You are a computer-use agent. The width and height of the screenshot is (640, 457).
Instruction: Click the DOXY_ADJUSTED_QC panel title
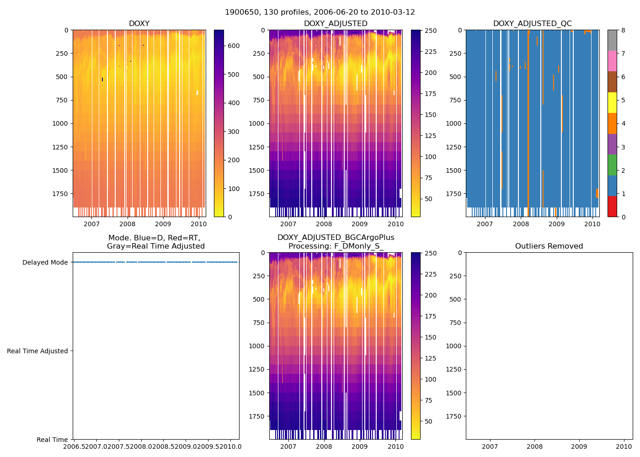click(532, 24)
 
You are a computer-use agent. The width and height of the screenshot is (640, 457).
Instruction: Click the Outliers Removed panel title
click(549, 246)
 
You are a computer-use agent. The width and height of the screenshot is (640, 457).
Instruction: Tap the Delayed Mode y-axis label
click(45, 262)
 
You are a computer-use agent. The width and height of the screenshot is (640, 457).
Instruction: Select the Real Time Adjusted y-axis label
click(37, 351)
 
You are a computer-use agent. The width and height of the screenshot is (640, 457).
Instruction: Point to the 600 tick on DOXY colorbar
click(234, 46)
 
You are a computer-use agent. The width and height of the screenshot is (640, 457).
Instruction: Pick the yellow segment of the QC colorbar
click(613, 102)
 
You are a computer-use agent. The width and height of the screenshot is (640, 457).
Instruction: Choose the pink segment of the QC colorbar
click(613, 61)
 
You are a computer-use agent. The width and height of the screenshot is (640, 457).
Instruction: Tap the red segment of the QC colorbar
click(613, 206)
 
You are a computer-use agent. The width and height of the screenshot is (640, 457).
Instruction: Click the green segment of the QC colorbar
click(613, 165)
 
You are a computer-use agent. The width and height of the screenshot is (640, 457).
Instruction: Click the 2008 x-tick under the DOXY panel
click(127, 224)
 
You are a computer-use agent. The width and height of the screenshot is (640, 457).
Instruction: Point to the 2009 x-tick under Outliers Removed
click(579, 446)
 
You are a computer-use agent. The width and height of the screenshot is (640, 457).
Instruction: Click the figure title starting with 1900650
click(320, 12)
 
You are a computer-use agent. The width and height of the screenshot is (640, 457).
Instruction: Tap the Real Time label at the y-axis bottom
click(52, 440)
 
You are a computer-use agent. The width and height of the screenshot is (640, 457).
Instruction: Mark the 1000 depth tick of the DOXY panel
click(59, 123)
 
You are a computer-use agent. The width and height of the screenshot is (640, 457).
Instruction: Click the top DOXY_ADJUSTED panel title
click(336, 24)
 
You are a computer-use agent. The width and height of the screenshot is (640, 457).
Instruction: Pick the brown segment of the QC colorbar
click(613, 82)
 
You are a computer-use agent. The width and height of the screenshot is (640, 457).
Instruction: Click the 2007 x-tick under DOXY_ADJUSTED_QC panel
click(485, 224)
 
